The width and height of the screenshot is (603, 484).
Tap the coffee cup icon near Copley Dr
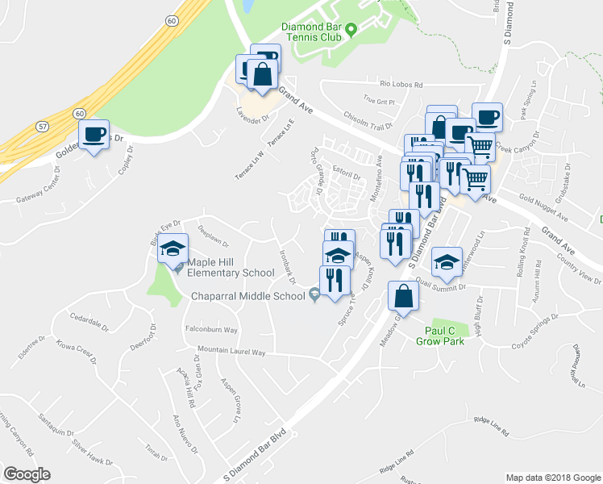click(x=94, y=135)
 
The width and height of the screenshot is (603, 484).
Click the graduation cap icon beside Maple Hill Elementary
click(x=173, y=249)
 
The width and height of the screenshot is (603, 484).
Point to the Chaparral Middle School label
click(x=248, y=296)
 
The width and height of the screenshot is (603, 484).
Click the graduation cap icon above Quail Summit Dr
click(x=447, y=262)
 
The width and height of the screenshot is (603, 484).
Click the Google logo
click(x=27, y=474)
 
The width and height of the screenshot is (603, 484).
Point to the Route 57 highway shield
click(x=43, y=127)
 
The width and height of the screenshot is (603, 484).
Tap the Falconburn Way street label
click(x=211, y=330)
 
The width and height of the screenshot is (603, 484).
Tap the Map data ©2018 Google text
click(x=553, y=477)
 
